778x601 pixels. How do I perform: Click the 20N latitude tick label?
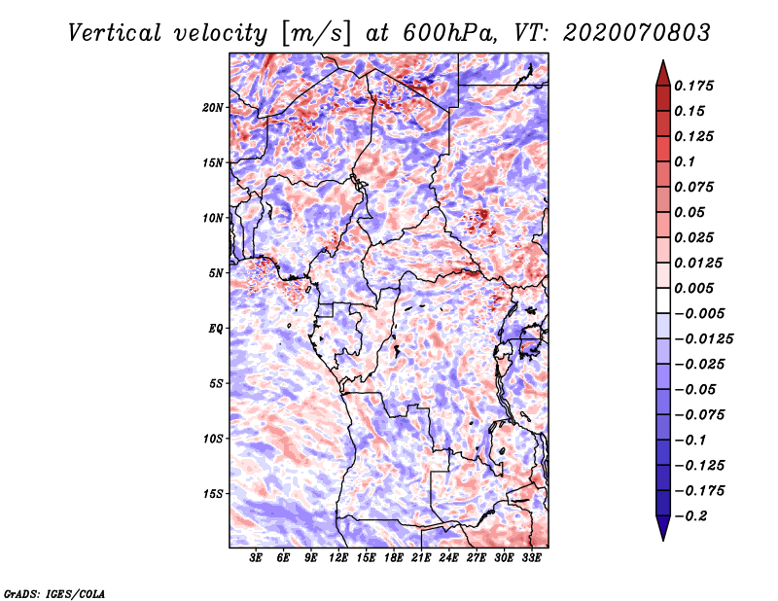point(213,107)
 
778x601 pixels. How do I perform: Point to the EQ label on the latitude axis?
point(216,329)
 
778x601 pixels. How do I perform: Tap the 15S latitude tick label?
point(213,494)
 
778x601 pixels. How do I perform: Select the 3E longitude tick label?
point(256,557)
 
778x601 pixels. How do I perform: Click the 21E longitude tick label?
point(421,557)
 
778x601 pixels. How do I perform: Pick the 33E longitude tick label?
point(531,557)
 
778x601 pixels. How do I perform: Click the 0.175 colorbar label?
point(693,86)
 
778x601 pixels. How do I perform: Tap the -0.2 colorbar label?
point(690,516)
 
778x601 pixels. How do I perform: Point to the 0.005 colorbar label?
point(693,288)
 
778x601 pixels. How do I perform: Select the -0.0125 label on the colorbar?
point(703,339)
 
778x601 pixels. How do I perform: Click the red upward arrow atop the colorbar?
point(663,73)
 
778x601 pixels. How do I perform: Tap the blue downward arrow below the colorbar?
point(663,528)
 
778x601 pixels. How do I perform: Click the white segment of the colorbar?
point(663,300)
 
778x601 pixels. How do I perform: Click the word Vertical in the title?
point(114,33)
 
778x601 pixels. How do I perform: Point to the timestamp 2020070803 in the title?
point(637,33)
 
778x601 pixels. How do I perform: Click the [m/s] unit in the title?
point(317,34)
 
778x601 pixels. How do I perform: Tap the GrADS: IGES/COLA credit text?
point(54,594)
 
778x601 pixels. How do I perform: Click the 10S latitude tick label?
point(213,439)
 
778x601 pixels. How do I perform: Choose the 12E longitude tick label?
point(338,557)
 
